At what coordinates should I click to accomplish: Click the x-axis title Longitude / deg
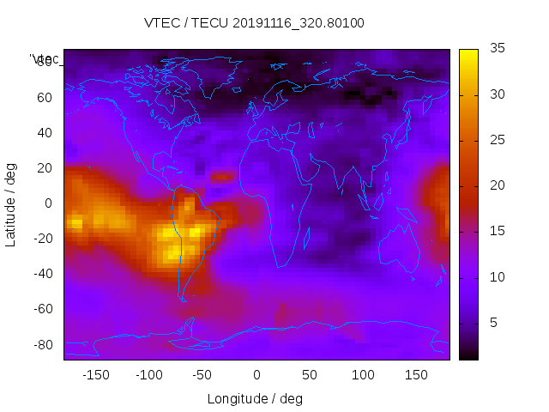tap(255, 399)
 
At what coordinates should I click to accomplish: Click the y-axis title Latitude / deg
tap(11, 204)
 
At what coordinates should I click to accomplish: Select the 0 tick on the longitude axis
tap(256, 375)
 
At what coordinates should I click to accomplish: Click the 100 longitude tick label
tap(363, 375)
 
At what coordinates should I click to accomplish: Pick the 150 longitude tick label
tap(416, 375)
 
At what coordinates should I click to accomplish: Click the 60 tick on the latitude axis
tap(45, 97)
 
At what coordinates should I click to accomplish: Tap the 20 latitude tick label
tap(45, 168)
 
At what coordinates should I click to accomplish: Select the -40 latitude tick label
tap(41, 274)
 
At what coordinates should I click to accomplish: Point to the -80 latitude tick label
tap(41, 345)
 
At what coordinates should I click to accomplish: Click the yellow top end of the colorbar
tap(468, 53)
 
